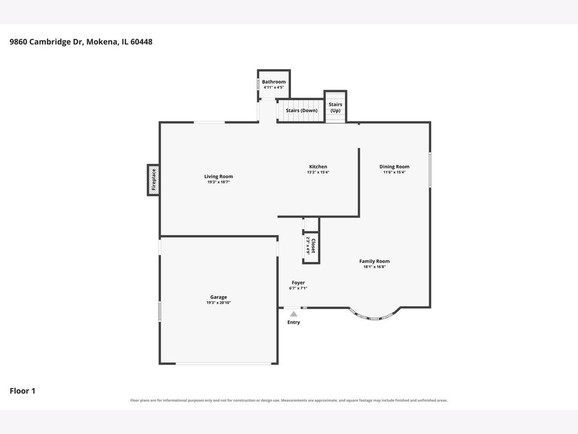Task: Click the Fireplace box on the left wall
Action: [153, 180]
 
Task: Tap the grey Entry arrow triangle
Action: [294, 314]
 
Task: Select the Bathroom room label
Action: [274, 81]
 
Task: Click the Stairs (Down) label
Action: [302, 110]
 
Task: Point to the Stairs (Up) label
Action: [335, 107]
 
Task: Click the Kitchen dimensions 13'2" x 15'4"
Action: [318, 172]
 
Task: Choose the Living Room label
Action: [219, 176]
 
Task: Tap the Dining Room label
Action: [394, 166]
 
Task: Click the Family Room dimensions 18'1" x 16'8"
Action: [374, 267]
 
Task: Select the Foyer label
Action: [298, 283]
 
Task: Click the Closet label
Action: [314, 245]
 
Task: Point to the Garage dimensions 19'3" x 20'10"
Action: [219, 302]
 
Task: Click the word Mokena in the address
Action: [102, 41]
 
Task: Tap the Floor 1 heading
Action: [22, 391]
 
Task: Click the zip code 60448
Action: [142, 41]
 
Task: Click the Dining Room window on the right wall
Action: [430, 170]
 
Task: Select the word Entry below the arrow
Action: [294, 322]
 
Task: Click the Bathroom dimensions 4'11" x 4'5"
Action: [274, 87]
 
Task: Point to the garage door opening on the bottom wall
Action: [223, 364]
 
